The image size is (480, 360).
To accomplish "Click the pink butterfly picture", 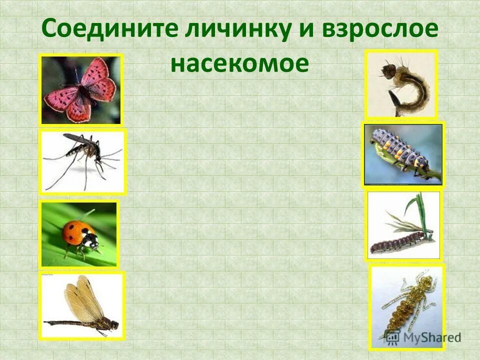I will pyautogui.click(x=81, y=88).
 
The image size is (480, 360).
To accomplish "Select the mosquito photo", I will pyautogui.click(x=82, y=161).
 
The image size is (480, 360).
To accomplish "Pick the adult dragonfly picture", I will pyautogui.click(x=81, y=305).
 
